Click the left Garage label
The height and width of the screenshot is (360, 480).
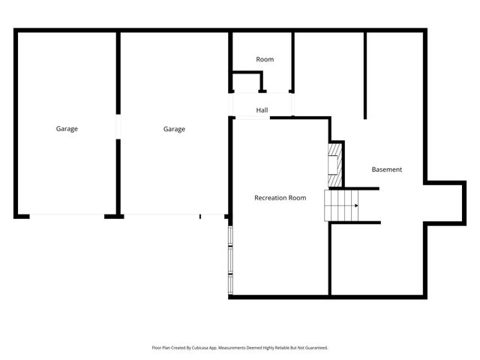pyautogui.click(x=67, y=129)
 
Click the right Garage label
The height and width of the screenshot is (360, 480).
pyautogui.click(x=174, y=129)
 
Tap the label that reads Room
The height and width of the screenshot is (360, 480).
pyautogui.click(x=265, y=59)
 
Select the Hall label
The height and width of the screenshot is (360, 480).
pyautogui.click(x=262, y=110)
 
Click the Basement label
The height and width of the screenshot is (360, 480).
pyautogui.click(x=387, y=169)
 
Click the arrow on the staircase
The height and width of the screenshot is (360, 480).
pyautogui.click(x=355, y=205)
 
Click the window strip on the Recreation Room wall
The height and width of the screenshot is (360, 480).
pyautogui.click(x=230, y=259)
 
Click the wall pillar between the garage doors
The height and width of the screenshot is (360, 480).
pyautogui.click(x=113, y=216)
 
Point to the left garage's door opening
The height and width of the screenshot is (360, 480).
pyautogui.click(x=66, y=216)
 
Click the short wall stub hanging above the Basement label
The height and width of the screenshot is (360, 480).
pyautogui.click(x=365, y=75)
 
